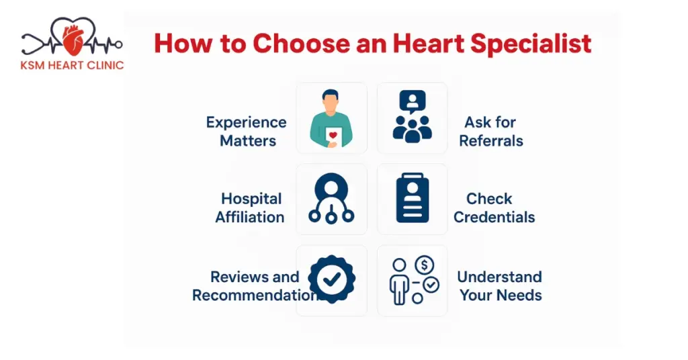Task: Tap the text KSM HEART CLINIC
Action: [x=73, y=66]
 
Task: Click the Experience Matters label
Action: [x=247, y=132]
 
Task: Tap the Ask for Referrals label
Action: [x=490, y=132]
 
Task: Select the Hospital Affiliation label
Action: [x=250, y=208]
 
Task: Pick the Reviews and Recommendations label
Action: [x=253, y=286]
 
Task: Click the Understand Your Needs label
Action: [x=500, y=286]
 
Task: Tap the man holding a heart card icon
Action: [x=331, y=119]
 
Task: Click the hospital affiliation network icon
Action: [x=331, y=199]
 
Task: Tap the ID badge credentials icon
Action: [x=412, y=199]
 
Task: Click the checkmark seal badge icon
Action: [x=331, y=279]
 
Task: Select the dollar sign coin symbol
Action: [x=424, y=264]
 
